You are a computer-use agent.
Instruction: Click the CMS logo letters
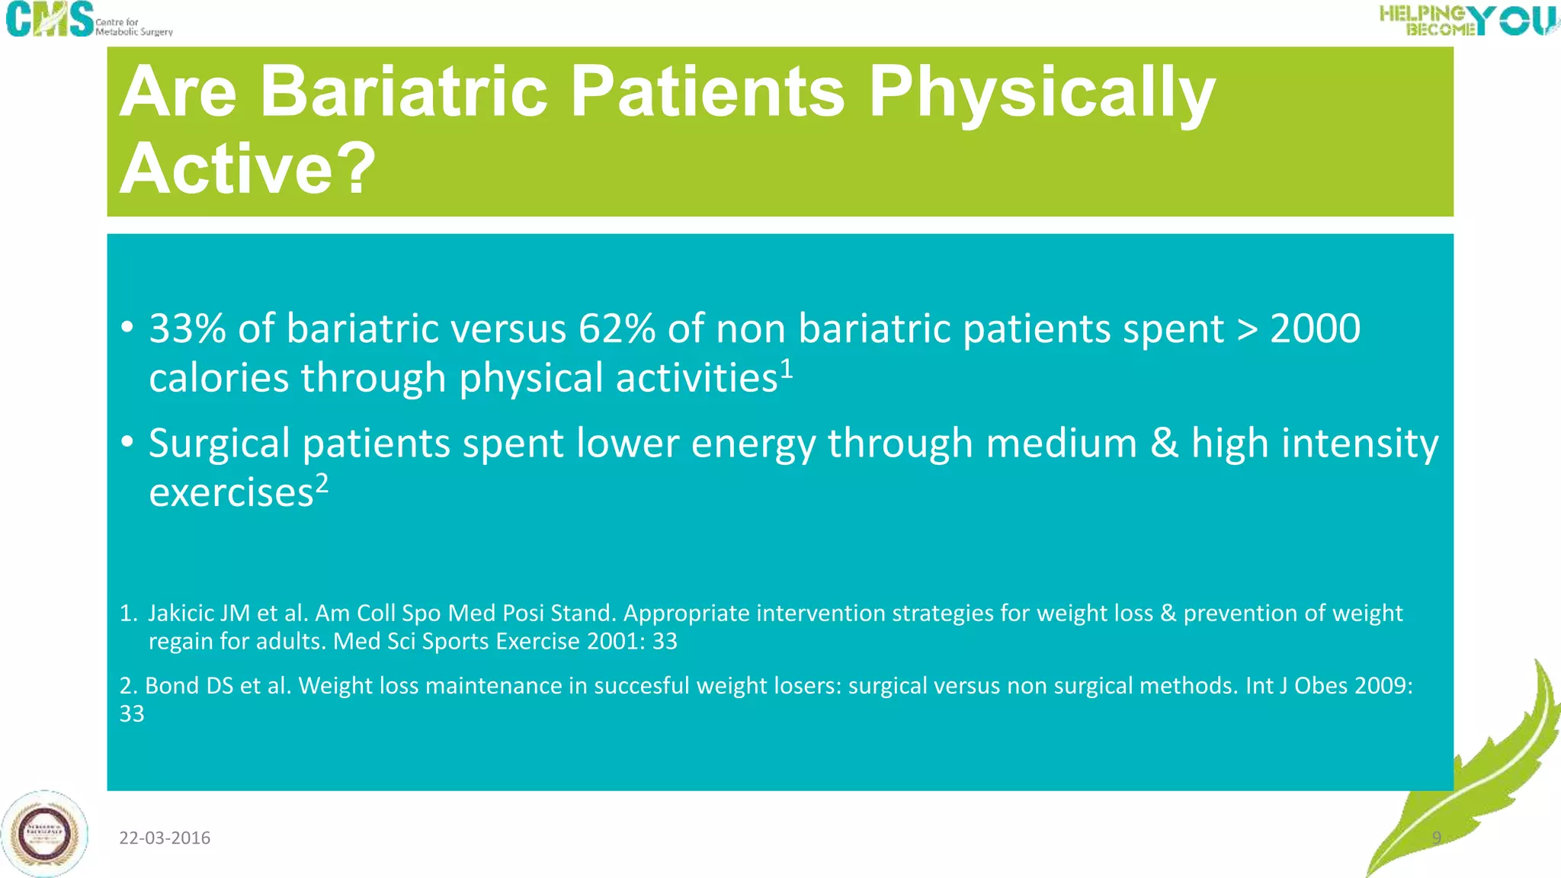[x=50, y=19]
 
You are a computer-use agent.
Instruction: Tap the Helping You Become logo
[x=1468, y=20]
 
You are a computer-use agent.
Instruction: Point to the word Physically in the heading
[x=1041, y=93]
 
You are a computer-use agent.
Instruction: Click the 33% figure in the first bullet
[x=188, y=329]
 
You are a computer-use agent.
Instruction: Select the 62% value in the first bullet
[x=617, y=329]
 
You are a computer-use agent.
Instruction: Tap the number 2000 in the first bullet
[x=1315, y=329]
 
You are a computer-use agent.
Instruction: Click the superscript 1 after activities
[x=787, y=368]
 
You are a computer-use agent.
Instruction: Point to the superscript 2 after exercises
[x=322, y=482]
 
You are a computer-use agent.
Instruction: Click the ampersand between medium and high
[x=1164, y=444]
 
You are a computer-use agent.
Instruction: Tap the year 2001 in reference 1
[x=613, y=641]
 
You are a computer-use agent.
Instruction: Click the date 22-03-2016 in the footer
[x=165, y=838]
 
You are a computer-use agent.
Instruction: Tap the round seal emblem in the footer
[x=45, y=834]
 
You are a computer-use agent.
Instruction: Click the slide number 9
[x=1436, y=838]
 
